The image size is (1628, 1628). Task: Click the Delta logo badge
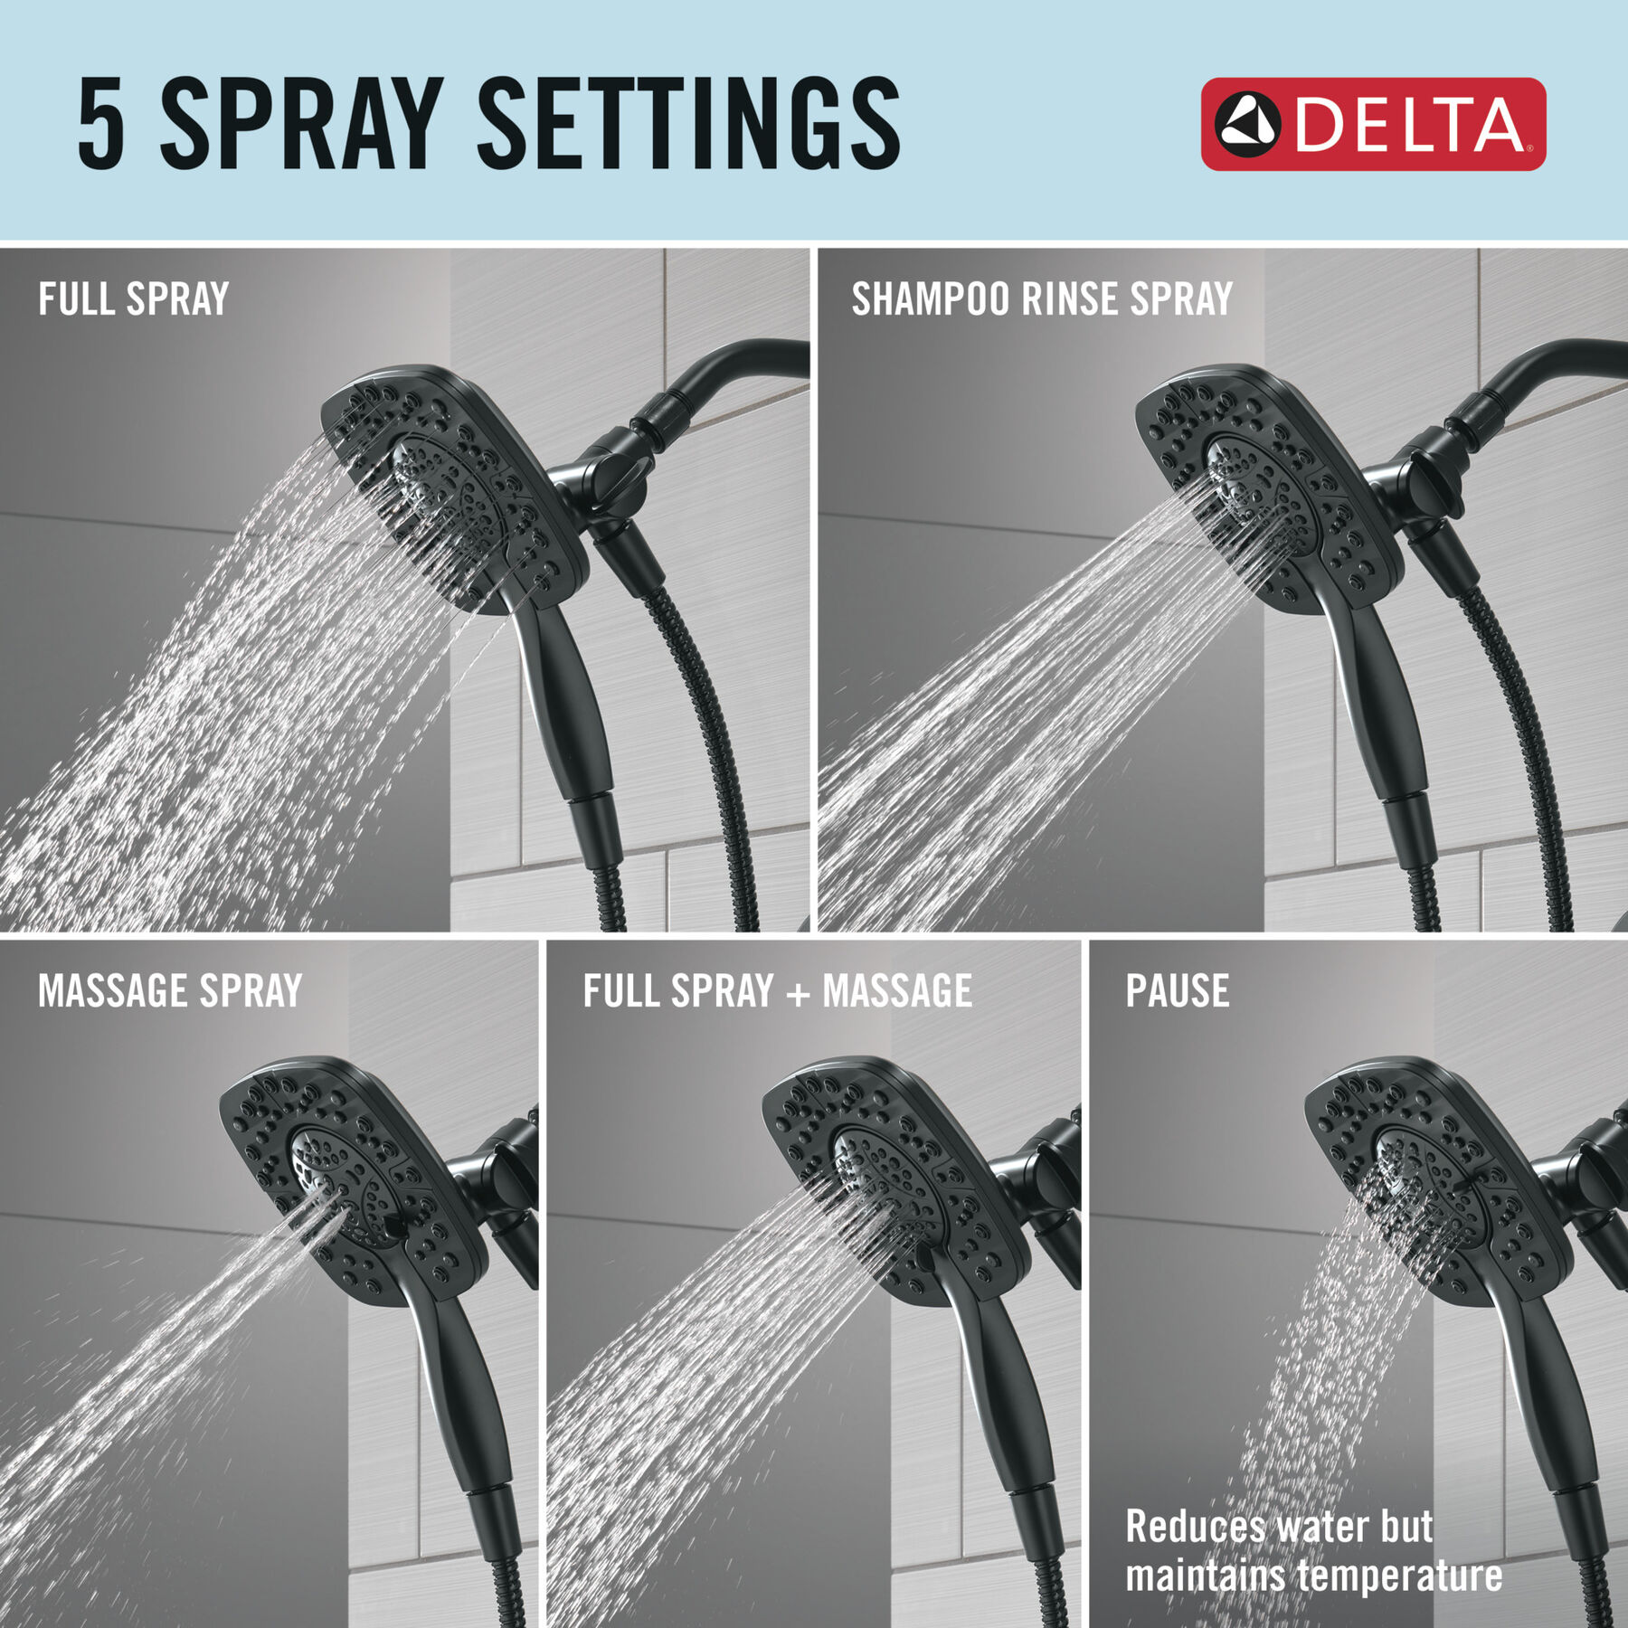1373,124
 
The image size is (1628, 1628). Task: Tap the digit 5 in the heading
101,123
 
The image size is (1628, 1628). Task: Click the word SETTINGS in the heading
689,123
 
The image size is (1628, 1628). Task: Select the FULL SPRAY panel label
134,299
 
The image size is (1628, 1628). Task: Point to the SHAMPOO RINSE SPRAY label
1042,299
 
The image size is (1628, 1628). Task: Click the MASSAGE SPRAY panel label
170,990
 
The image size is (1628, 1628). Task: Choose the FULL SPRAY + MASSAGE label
778,990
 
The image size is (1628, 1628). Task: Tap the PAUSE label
1178,990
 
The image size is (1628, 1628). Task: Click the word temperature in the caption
1401,1576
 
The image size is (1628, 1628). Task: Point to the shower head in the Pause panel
1438,1180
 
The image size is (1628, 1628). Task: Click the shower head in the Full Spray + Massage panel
895,1180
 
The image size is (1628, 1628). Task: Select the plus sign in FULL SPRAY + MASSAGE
798,994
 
